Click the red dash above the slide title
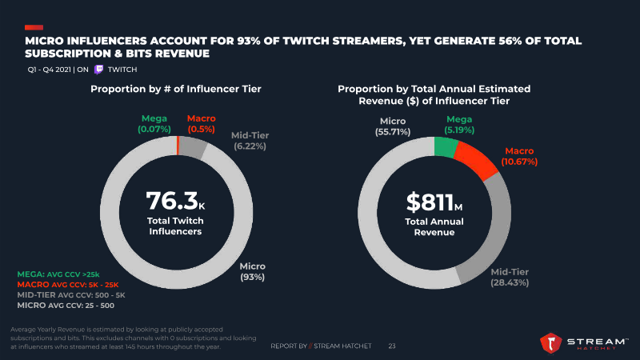point(34,27)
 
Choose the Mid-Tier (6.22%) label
point(250,141)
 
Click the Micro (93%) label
point(253,271)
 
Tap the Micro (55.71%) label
point(393,126)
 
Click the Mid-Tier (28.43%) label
point(509,277)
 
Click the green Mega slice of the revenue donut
point(446,146)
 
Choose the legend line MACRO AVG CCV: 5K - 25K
point(67,285)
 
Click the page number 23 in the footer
point(392,346)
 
